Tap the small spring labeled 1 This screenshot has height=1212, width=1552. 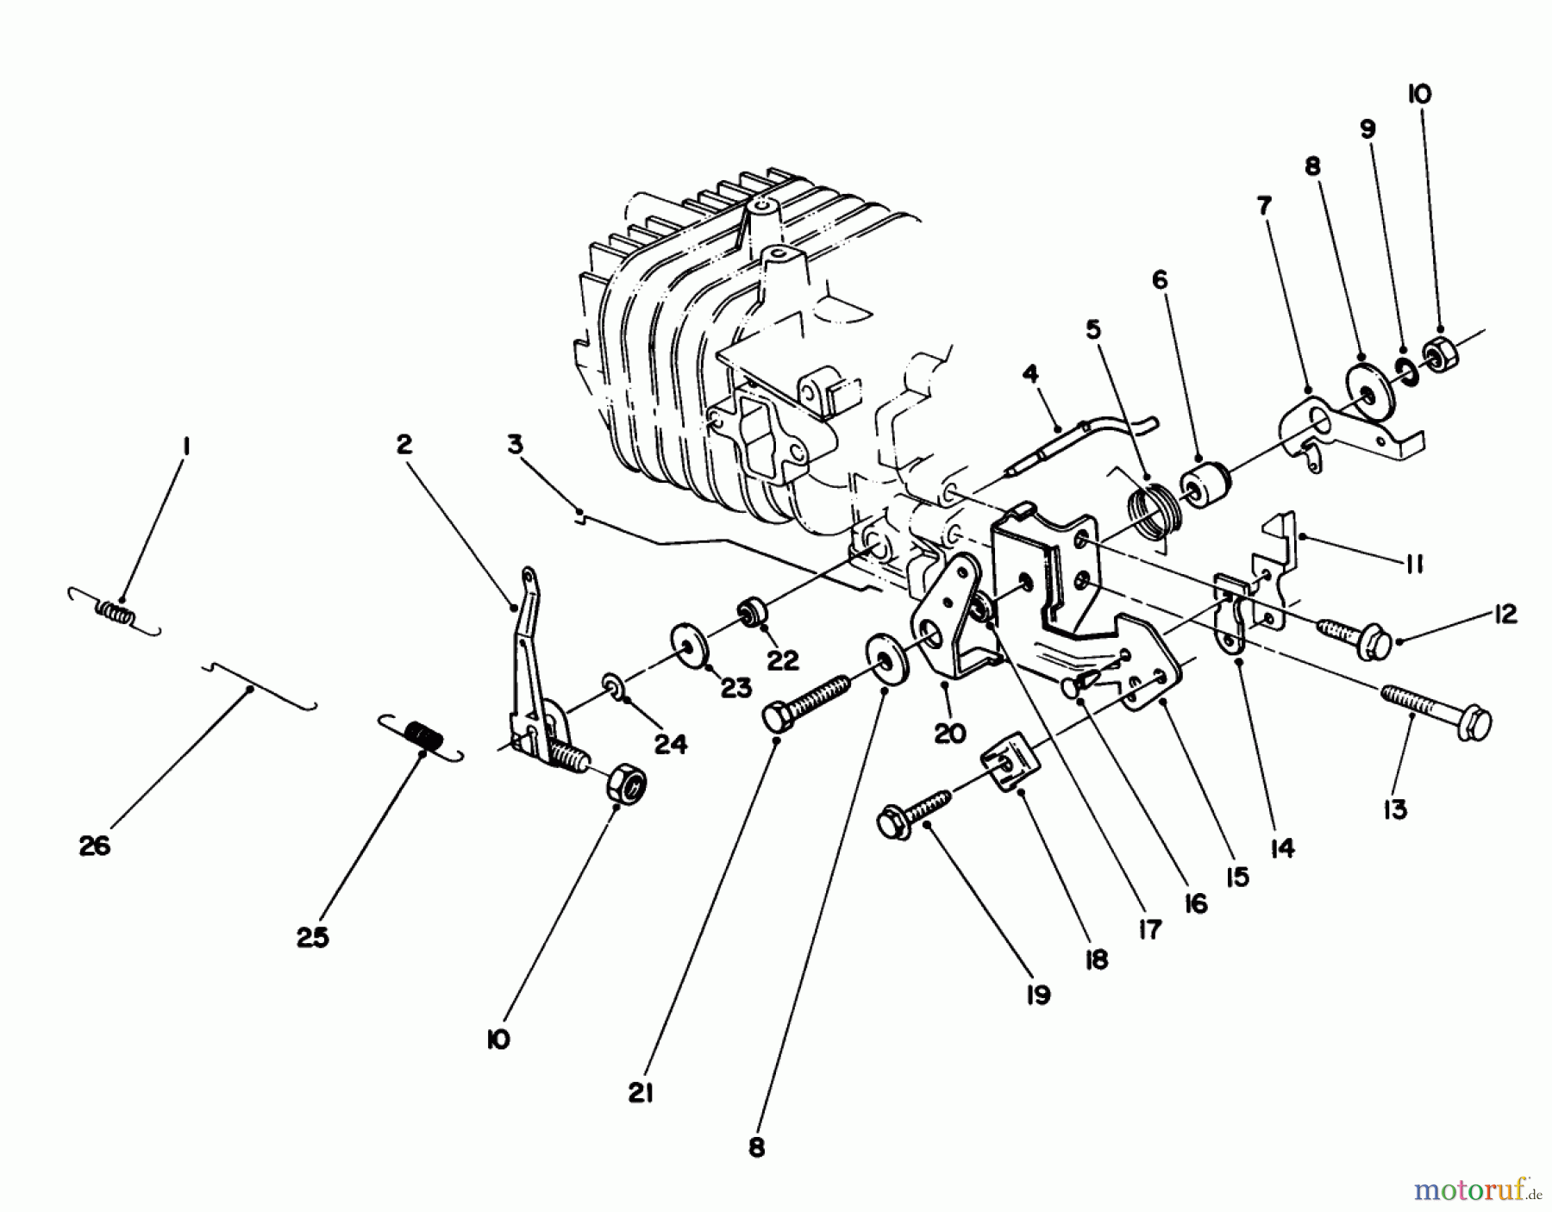[116, 613]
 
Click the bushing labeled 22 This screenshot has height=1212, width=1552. [748, 615]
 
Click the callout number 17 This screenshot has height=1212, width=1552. [1149, 930]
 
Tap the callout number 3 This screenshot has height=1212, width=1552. [515, 445]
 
